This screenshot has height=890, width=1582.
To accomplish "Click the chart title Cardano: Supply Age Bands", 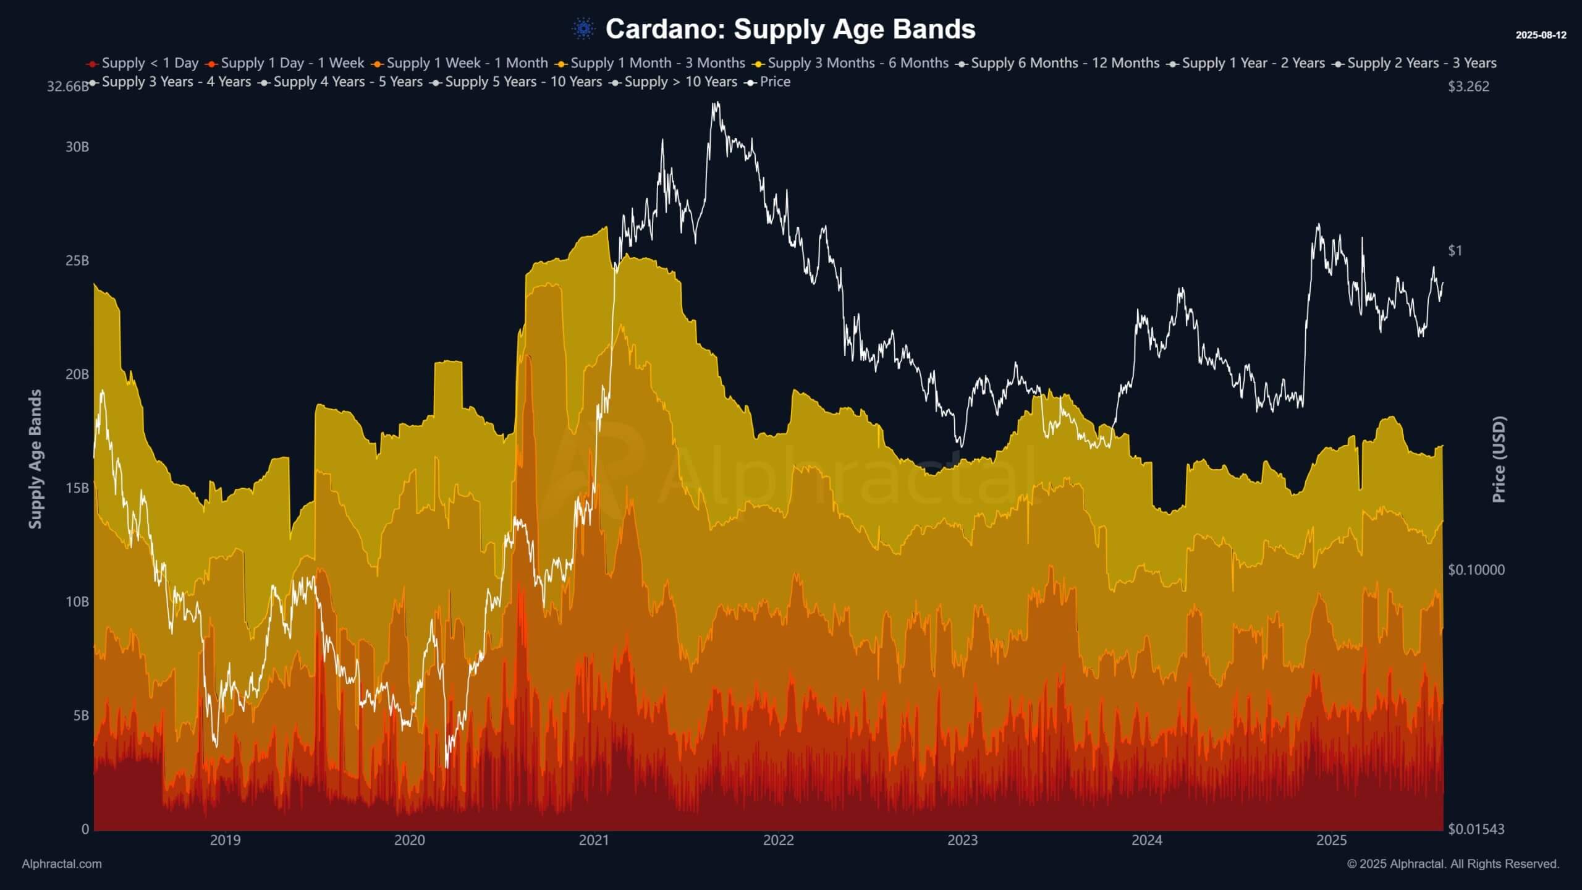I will point(790,29).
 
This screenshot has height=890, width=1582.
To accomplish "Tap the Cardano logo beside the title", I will point(583,28).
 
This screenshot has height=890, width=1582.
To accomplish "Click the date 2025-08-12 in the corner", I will point(1541,35).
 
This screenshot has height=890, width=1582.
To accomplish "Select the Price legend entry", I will point(768,82).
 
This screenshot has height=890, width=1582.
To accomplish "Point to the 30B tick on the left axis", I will point(77,147).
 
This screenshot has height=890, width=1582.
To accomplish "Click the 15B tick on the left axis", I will point(77,488).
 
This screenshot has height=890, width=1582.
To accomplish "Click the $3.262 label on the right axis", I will point(1468,87).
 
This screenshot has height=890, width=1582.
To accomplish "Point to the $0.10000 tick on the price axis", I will point(1476,570).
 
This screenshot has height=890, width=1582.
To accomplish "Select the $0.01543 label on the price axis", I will point(1476,829).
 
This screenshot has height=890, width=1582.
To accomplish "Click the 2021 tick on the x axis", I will point(594,841).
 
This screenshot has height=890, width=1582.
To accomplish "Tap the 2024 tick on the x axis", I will point(1147,841).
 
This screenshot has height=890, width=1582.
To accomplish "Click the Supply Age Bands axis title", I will point(36,459).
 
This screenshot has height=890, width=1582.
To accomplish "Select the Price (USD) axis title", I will point(1499,459).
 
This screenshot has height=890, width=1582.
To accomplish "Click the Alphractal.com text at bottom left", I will point(62,864).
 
